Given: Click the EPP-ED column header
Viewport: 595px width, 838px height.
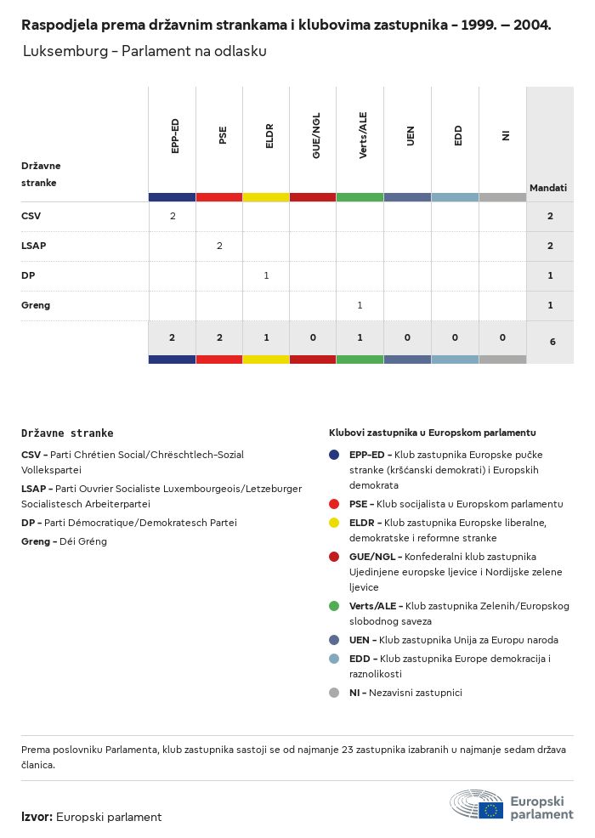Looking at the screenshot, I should [175, 136].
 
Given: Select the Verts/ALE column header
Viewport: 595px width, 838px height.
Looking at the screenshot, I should [363, 136].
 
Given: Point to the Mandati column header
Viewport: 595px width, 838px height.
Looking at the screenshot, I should [548, 187].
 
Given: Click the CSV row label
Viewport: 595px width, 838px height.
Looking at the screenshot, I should [31, 216].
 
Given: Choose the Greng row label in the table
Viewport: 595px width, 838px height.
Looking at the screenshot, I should [36, 305].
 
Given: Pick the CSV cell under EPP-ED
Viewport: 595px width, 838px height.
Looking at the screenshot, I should [173, 216].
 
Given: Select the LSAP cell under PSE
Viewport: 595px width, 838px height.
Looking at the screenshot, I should [219, 246].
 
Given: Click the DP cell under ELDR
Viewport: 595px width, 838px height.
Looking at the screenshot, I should [266, 275].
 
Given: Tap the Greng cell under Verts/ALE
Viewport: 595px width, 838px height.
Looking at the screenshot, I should [360, 305].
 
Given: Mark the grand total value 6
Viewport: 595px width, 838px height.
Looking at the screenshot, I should [552, 342].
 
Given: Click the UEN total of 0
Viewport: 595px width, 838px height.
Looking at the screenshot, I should [407, 337].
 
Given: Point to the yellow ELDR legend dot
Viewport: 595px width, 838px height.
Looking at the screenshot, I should [335, 522].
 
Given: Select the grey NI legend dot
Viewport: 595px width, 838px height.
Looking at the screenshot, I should [335, 693].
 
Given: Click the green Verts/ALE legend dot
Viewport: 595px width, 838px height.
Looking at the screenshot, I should [335, 606].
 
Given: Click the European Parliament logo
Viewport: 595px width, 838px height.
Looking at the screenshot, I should [512, 804].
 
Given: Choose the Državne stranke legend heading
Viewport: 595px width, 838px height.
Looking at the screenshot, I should [67, 433].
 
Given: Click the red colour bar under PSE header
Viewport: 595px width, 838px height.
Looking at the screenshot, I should [219, 197].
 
